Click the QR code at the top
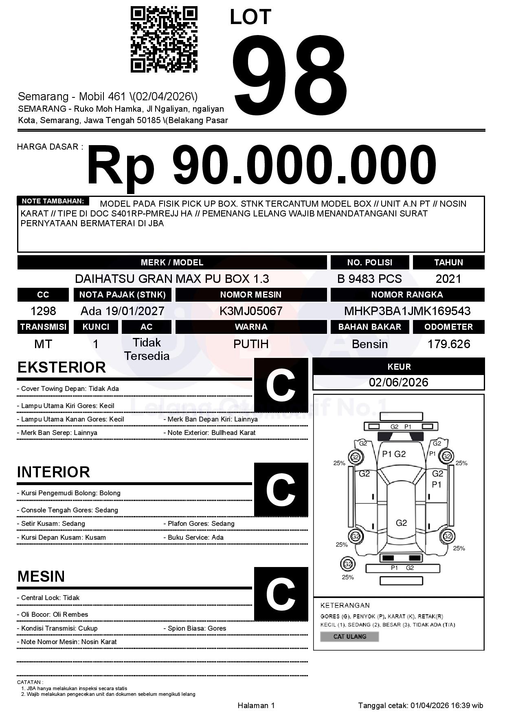(164, 40)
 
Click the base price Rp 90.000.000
(261, 166)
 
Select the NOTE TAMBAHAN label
(53, 201)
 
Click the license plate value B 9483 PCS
(369, 279)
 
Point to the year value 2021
(448, 279)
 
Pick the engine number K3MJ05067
(251, 311)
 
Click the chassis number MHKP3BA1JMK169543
(407, 311)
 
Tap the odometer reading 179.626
(448, 344)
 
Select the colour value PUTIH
(251, 344)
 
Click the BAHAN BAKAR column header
(369, 327)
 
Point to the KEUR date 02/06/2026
(398, 382)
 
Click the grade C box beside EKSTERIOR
(281, 385)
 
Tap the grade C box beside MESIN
(281, 594)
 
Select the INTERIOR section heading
(53, 472)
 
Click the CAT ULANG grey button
(349, 636)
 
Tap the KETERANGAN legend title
(345, 605)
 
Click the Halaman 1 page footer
(256, 705)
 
